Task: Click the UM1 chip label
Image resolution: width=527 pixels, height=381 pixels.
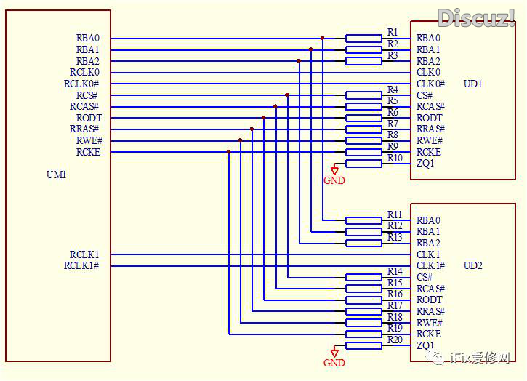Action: [56, 175]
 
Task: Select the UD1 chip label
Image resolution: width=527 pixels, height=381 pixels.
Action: [472, 84]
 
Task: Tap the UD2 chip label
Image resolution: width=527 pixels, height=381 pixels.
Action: [472, 265]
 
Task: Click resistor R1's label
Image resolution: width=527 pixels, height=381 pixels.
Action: [393, 33]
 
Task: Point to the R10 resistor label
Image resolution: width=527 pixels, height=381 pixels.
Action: [395, 158]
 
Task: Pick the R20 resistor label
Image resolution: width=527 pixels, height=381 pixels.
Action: [395, 340]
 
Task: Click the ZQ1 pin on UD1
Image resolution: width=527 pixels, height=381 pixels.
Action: [425, 164]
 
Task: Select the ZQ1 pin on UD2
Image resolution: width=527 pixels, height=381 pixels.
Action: [425, 345]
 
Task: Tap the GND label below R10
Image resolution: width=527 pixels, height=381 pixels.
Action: [334, 180]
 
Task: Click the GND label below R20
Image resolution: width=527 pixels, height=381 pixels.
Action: [334, 363]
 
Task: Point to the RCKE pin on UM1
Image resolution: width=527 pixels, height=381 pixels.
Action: [88, 152]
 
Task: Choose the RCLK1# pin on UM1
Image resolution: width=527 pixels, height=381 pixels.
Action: [81, 266]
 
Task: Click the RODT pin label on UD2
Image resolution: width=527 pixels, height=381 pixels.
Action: [429, 300]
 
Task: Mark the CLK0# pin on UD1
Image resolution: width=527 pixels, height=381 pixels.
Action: [430, 84]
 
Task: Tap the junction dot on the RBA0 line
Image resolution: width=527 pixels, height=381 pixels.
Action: [322, 38]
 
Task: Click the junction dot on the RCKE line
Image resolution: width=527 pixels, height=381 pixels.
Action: [228, 152]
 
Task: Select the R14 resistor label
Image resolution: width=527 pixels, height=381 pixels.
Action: [395, 272]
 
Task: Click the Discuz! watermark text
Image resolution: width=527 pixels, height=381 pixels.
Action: [476, 17]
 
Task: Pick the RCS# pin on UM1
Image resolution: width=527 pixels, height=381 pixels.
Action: [87, 95]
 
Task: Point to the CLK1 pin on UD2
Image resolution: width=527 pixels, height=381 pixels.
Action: [428, 254]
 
